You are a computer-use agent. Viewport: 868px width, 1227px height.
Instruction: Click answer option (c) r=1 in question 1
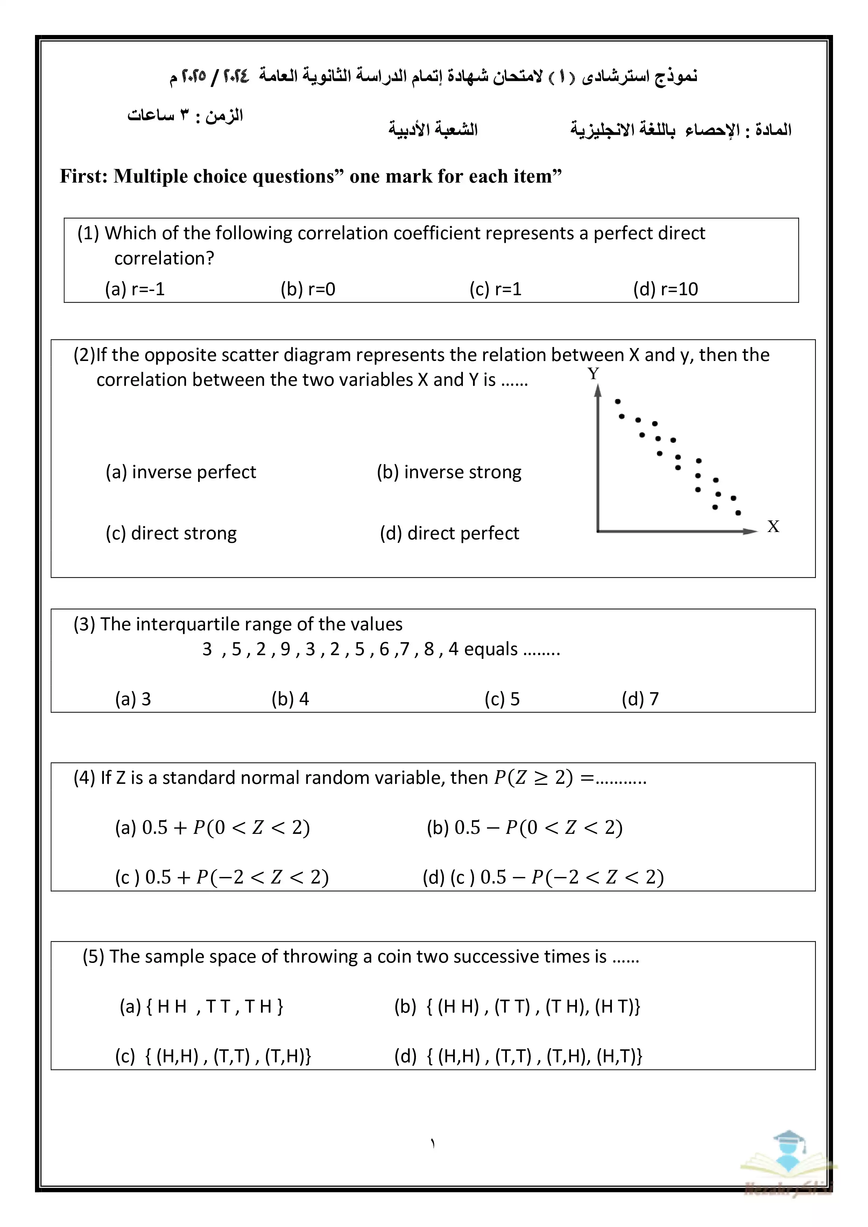point(495,289)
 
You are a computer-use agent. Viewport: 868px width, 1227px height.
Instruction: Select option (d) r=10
point(665,289)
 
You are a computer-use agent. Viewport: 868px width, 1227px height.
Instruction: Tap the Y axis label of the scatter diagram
point(593,374)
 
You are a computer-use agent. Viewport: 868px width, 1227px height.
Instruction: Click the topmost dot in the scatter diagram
point(618,401)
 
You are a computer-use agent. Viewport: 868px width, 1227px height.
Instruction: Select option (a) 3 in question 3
point(133,699)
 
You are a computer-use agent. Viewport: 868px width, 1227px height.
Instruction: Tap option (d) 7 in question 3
point(640,699)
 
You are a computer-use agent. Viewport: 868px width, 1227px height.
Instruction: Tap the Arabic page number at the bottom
point(433,1144)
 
